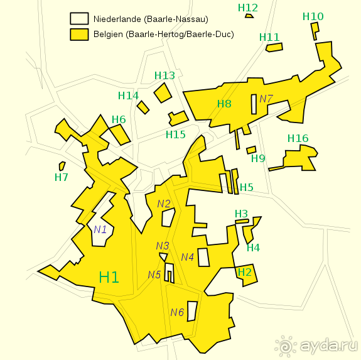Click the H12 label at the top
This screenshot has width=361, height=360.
248,8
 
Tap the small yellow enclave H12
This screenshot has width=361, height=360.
249,16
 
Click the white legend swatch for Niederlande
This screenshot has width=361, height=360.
78,18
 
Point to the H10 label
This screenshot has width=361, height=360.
313,16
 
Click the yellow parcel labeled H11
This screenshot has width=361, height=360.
274,47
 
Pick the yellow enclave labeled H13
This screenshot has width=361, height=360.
163,93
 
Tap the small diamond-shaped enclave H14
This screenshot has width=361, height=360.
143,107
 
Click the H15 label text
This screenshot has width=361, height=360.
176,134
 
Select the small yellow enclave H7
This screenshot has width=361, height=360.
62,166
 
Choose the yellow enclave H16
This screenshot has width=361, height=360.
301,158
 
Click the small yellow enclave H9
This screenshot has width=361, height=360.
251,150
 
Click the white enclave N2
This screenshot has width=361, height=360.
168,217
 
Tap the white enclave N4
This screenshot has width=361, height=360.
203,257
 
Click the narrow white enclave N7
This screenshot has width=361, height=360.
254,104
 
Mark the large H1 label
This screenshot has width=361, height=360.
109,277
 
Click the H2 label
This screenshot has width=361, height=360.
244,272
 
